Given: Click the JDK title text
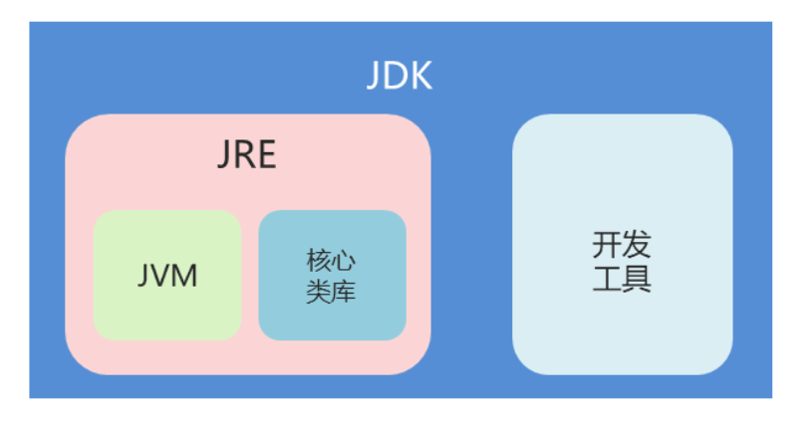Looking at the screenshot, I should click(400, 77).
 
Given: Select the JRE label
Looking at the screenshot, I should click(247, 156).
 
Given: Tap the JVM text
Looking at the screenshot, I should click(167, 275).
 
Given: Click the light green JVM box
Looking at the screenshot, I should click(167, 309).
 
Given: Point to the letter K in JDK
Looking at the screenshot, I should click(421, 77).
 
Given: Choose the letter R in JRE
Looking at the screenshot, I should click(246, 156).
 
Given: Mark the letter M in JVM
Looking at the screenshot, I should click(185, 275).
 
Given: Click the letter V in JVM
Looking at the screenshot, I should click(163, 275).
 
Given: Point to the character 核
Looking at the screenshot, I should click(319, 263).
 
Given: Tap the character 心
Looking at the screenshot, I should click(345, 263).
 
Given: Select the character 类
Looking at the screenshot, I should click(319, 293).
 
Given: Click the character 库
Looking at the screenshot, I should click(345, 293).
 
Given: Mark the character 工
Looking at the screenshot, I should click(607, 278).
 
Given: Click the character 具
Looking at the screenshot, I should click(637, 278).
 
